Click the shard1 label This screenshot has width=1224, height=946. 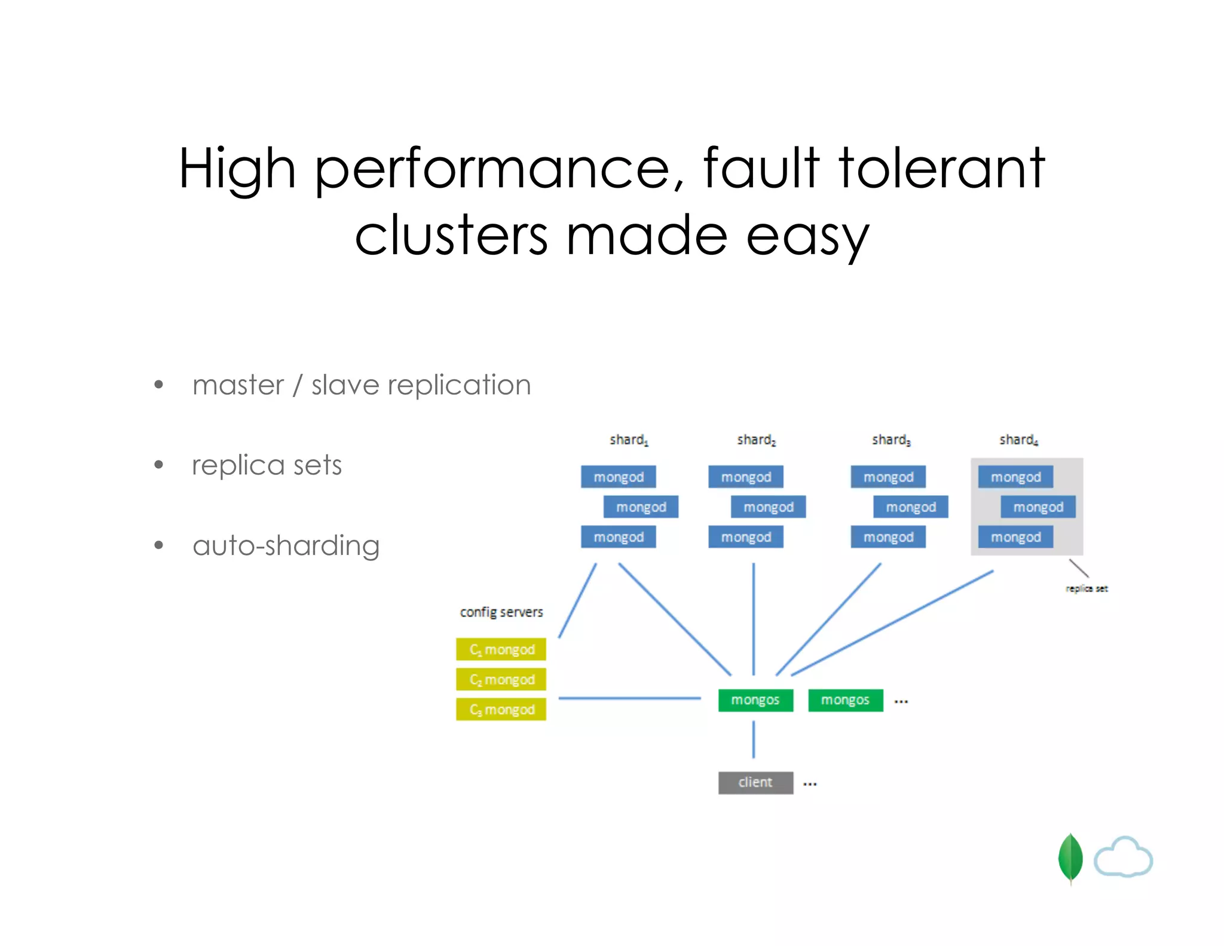tap(628, 440)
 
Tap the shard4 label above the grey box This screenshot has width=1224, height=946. tap(1018, 440)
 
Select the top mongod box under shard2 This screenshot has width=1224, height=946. tap(745, 477)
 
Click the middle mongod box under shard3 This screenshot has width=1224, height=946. tap(910, 507)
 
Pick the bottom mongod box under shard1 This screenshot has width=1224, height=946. tap(618, 537)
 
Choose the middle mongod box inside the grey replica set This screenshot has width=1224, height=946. tap(1038, 507)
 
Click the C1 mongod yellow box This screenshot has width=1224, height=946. tap(501, 649)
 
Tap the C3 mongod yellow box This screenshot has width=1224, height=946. tap(501, 709)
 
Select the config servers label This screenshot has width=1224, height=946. tap(501, 612)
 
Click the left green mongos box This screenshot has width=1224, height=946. tap(755, 700)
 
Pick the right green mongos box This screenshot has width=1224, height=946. tap(845, 700)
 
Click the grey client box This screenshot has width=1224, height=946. tap(755, 782)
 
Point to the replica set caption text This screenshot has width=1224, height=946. tap(1086, 588)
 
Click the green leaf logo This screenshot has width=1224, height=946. tap(1070, 858)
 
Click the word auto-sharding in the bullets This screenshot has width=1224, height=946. tap(286, 545)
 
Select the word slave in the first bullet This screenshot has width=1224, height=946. tap(345, 384)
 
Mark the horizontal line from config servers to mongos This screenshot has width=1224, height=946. tap(629, 698)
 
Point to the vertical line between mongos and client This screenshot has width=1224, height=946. tap(754, 740)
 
